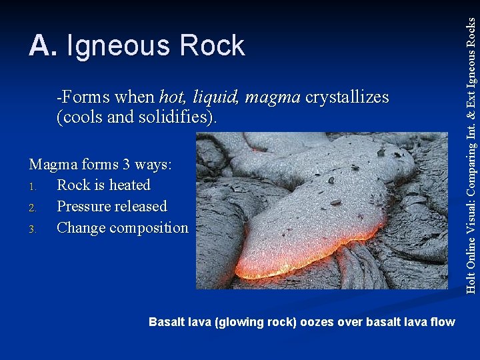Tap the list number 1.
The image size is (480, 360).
(x=33, y=186)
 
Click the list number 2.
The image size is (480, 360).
(x=33, y=207)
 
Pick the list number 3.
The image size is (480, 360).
(x=33, y=229)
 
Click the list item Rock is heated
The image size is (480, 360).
(x=103, y=185)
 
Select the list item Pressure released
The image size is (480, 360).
(x=111, y=207)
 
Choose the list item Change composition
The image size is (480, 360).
(x=123, y=228)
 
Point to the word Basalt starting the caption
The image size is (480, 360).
(x=167, y=323)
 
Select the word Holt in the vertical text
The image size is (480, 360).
(x=471, y=281)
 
